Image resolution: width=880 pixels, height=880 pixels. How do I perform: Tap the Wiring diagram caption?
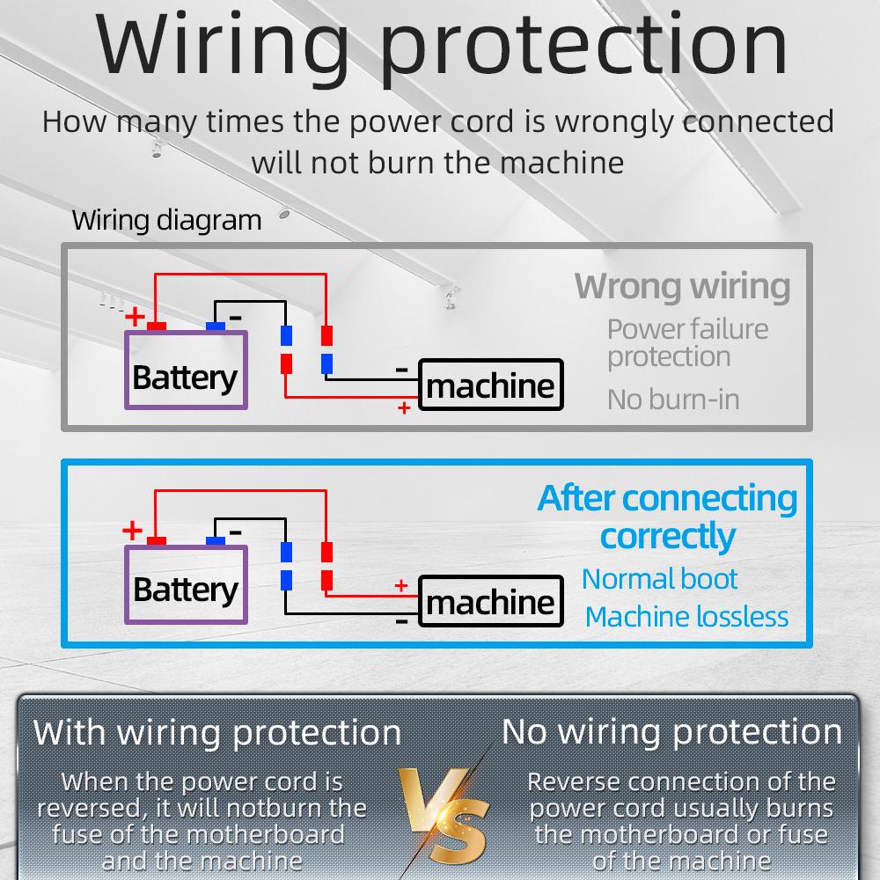(166, 219)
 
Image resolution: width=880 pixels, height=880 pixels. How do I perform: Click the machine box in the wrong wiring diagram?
(490, 385)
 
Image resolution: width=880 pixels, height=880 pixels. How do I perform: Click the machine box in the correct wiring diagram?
(490, 601)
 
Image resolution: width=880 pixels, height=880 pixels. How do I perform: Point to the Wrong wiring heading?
(682, 286)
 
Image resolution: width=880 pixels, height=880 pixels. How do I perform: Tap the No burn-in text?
(673, 400)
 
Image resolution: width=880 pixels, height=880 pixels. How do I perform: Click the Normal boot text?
(659, 579)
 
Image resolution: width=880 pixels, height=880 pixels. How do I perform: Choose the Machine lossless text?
(686, 617)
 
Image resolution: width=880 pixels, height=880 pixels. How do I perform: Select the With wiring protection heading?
(217, 732)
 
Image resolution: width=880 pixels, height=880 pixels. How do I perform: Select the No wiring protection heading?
(671, 732)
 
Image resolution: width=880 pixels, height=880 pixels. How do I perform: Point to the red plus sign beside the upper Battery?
(135, 316)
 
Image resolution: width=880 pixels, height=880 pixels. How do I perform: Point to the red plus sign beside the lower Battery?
(132, 531)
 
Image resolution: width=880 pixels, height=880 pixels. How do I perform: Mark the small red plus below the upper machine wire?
(404, 408)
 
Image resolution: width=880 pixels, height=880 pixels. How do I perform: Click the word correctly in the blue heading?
(667, 536)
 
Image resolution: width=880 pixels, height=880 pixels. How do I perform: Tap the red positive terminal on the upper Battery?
(158, 326)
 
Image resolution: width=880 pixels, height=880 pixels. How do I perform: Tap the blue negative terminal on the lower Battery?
(216, 541)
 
